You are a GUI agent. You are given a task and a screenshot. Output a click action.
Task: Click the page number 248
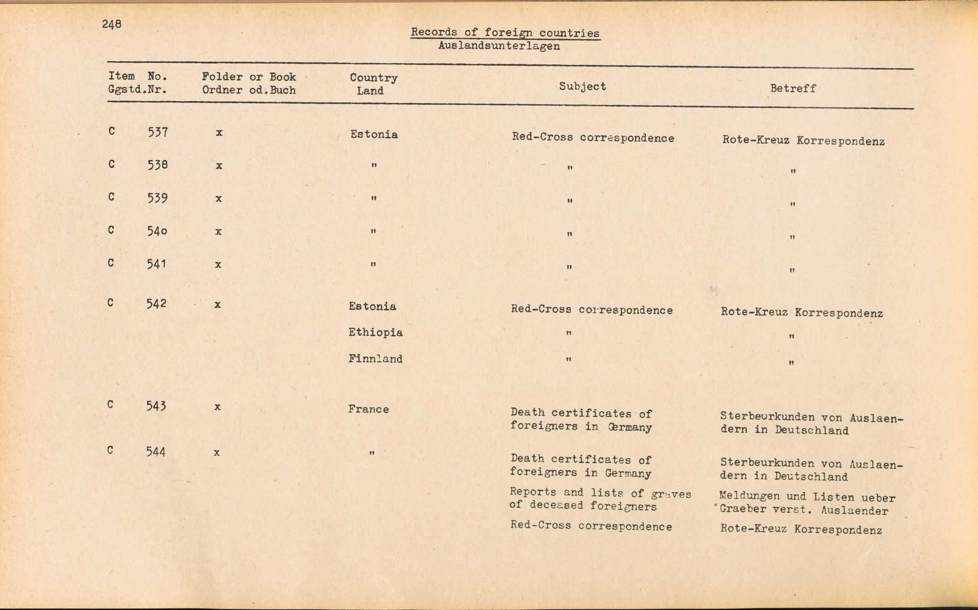[x=111, y=24]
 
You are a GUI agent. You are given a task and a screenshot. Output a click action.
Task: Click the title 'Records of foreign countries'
[x=505, y=33]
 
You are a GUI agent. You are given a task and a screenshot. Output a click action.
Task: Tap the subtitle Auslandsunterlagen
[x=499, y=46]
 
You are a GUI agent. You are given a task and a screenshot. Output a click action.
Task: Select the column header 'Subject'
[x=582, y=87]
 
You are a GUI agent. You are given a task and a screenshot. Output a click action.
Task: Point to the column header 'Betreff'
[x=793, y=88]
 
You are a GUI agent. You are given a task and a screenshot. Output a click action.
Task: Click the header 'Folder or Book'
[x=249, y=77]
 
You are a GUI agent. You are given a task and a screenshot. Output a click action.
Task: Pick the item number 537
[x=158, y=132]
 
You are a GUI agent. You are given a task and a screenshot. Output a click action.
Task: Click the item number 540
[x=157, y=231]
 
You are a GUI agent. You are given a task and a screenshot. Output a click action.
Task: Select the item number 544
[x=156, y=452]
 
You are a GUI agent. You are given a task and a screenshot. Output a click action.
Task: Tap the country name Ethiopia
[x=376, y=333]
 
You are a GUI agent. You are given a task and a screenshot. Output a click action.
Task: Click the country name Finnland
[x=376, y=359]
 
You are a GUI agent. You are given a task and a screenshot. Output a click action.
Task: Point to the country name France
[x=368, y=409]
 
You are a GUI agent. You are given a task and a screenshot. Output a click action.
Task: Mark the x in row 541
[x=218, y=264]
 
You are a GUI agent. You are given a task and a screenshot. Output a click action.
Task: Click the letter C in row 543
[x=111, y=405]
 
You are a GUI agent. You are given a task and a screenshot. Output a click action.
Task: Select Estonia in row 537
[x=374, y=134]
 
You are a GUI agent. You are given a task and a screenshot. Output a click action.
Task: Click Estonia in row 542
[x=373, y=306]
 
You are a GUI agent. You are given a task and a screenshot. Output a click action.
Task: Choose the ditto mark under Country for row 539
[x=373, y=198]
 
